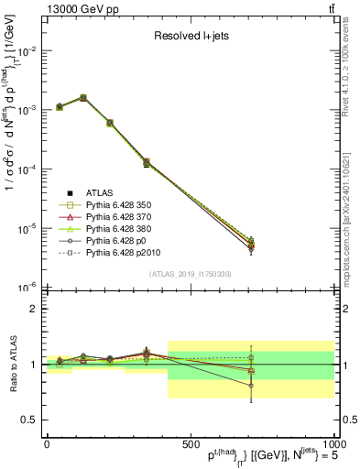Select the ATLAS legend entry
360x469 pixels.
[x=100, y=192]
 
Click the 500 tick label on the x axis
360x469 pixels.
[x=190, y=443]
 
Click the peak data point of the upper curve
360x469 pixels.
[x=83, y=97]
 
